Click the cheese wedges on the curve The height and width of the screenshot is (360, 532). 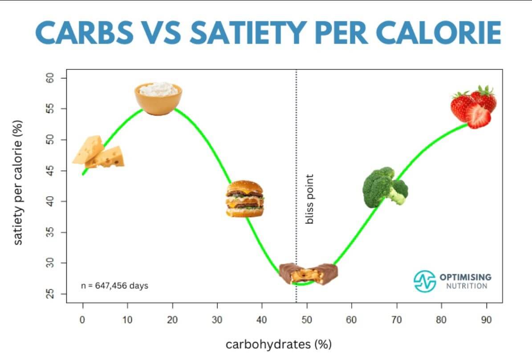98,152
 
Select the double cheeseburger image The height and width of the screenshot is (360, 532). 244,198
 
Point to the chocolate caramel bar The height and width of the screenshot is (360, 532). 308,273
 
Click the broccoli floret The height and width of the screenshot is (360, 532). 384,187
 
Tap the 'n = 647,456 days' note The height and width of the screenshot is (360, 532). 114,286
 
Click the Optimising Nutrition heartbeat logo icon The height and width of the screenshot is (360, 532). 424,281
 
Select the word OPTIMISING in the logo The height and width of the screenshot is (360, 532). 465,277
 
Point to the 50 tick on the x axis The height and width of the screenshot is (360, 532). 307,320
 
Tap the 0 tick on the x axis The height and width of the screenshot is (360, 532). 82,320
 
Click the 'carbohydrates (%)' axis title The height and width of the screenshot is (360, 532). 279,344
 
